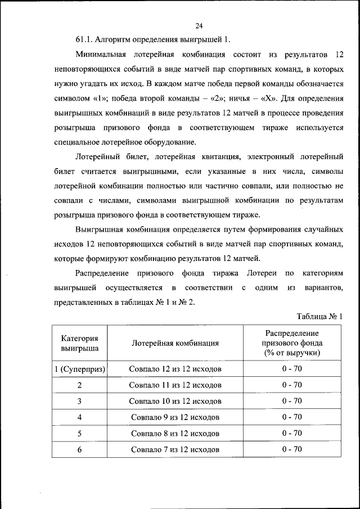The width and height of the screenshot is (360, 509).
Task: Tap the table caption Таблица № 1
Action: (319, 317)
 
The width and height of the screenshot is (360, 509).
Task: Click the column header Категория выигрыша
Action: (79, 343)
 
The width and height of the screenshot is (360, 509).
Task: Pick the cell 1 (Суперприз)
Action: (79, 369)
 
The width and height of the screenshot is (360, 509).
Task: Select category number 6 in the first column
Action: (79, 449)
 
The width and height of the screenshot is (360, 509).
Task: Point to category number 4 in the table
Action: (79, 417)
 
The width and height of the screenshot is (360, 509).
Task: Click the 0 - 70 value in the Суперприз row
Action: (292, 369)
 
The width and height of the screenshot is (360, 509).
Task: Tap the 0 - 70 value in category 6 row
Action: (292, 449)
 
